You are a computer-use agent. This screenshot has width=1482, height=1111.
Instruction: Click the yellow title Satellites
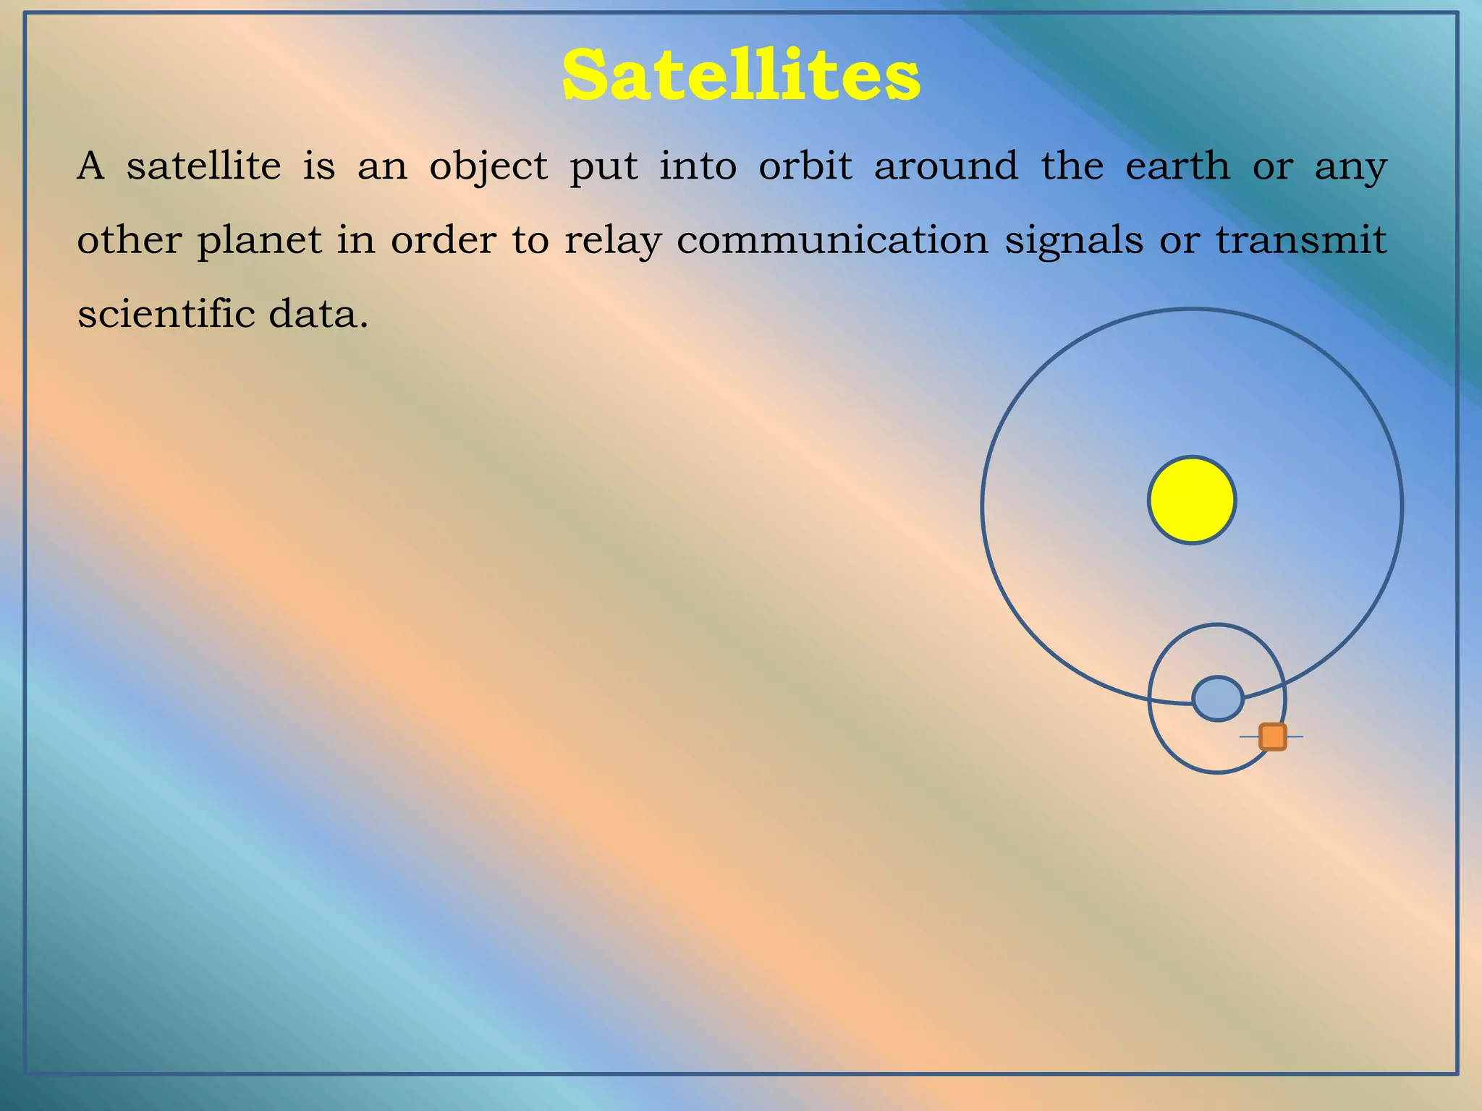tap(741, 76)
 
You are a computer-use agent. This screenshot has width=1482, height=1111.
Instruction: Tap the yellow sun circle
tap(1192, 500)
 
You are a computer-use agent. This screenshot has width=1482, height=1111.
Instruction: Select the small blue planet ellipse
tap(1218, 699)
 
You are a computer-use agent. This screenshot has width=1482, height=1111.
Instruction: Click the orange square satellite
tap(1273, 736)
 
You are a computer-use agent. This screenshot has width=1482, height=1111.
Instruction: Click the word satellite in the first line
tap(203, 166)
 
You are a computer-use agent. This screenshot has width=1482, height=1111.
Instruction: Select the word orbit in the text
tap(805, 166)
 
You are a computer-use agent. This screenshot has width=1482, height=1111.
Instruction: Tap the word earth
tap(1177, 166)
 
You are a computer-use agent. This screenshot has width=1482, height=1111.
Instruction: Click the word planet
tap(259, 242)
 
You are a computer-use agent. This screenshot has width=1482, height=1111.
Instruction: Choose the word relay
tap(613, 242)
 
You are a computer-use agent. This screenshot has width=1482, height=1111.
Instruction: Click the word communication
tap(832, 240)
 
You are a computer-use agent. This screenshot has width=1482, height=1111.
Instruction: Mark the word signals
tap(1074, 242)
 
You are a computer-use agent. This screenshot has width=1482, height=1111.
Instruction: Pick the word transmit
tap(1300, 240)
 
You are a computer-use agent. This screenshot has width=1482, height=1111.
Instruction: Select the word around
tap(946, 166)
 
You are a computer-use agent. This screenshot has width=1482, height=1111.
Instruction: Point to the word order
tap(443, 240)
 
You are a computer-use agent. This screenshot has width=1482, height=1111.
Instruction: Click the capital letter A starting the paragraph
tap(90, 166)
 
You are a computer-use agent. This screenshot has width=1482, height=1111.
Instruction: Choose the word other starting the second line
tap(129, 240)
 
